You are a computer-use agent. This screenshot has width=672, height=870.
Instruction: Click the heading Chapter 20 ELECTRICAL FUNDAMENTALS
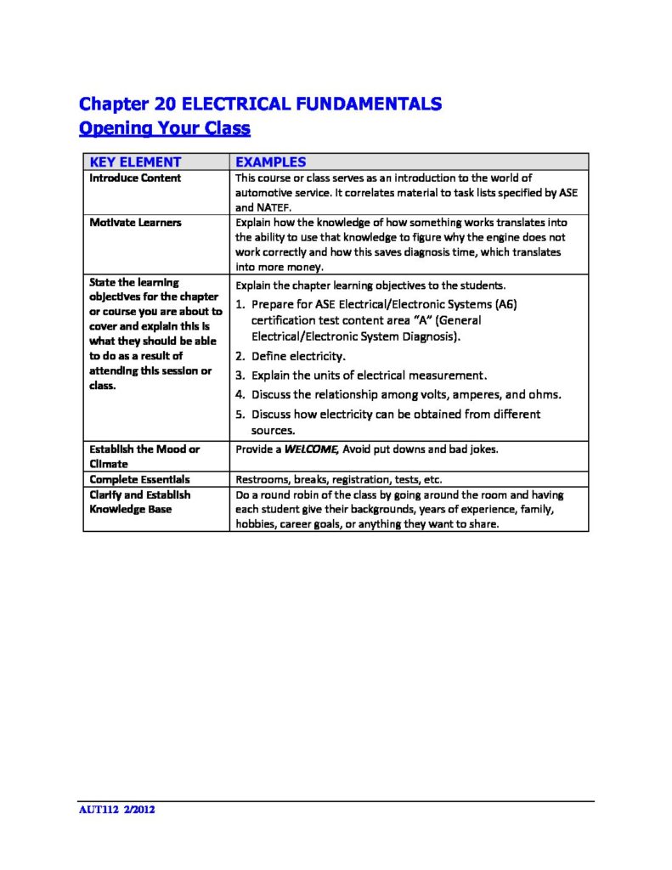point(260,104)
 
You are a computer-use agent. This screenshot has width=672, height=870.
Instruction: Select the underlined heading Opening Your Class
point(164,128)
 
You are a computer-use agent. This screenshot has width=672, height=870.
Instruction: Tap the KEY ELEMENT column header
point(135,161)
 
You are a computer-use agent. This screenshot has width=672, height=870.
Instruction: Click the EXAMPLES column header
point(270,161)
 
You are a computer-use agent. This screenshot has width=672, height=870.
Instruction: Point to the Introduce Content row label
point(135,178)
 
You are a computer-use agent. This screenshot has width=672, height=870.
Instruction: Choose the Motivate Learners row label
point(135,223)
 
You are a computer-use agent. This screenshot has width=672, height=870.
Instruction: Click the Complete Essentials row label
point(139,479)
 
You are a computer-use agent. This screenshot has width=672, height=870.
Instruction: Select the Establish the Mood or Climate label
point(144,456)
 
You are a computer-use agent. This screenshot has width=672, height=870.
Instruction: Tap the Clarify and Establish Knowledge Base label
point(139,501)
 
